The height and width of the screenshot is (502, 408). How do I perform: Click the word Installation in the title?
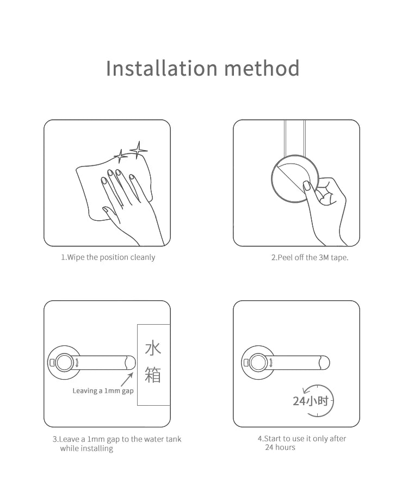(162, 68)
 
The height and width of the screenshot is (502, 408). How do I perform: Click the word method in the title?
(262, 68)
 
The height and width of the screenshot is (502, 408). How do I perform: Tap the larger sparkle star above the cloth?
(138, 150)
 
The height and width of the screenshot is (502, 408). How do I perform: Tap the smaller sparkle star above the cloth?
(121, 156)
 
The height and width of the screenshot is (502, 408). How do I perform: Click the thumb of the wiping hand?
(110, 214)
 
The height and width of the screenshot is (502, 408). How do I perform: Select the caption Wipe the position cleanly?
(111, 257)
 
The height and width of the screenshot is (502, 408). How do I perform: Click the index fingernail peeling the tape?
(306, 185)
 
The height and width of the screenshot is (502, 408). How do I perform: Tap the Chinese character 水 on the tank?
(153, 348)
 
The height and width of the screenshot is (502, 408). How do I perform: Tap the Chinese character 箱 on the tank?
(153, 375)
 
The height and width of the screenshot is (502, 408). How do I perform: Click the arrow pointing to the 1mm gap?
(127, 380)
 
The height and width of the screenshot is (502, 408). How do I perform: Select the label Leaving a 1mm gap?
(103, 391)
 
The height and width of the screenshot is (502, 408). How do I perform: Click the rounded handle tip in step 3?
(131, 363)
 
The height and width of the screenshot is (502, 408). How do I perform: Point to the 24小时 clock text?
(310, 401)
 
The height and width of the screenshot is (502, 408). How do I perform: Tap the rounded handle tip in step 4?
(325, 363)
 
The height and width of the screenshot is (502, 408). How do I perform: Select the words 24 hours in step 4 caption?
(280, 448)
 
